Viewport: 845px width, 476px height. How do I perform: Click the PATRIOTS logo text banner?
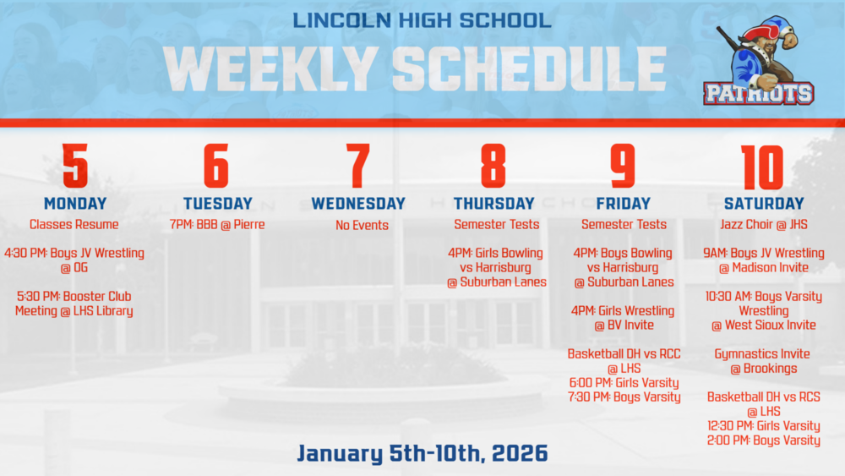coord(758,93)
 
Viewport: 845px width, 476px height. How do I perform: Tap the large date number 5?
coord(75,166)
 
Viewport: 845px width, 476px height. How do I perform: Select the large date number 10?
coord(762,166)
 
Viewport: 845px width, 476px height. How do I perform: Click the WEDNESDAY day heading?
coord(358,204)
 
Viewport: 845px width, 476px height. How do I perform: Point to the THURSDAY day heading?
coord(493,204)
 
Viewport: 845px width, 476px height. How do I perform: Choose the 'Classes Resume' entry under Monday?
coord(74,225)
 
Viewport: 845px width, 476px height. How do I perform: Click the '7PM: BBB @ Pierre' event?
coord(217,225)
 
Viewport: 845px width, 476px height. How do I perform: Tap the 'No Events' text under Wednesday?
coord(362,226)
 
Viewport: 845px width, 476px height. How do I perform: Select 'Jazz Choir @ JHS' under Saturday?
coord(764,225)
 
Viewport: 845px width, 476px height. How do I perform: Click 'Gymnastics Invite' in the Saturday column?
coord(762,354)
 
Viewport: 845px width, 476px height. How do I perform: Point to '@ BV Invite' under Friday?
coord(624,326)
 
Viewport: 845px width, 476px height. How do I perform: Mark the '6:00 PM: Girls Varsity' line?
coord(624,383)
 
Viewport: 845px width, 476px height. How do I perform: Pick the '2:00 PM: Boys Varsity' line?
coord(764,440)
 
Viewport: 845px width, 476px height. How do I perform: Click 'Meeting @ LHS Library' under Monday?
coord(74,311)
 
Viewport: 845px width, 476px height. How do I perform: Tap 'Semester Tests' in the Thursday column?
coord(496,225)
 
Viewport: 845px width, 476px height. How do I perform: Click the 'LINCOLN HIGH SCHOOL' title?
coord(422,19)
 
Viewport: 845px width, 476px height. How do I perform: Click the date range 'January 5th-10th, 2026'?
coord(422,453)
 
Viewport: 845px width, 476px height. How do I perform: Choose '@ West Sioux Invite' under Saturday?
coord(764,326)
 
